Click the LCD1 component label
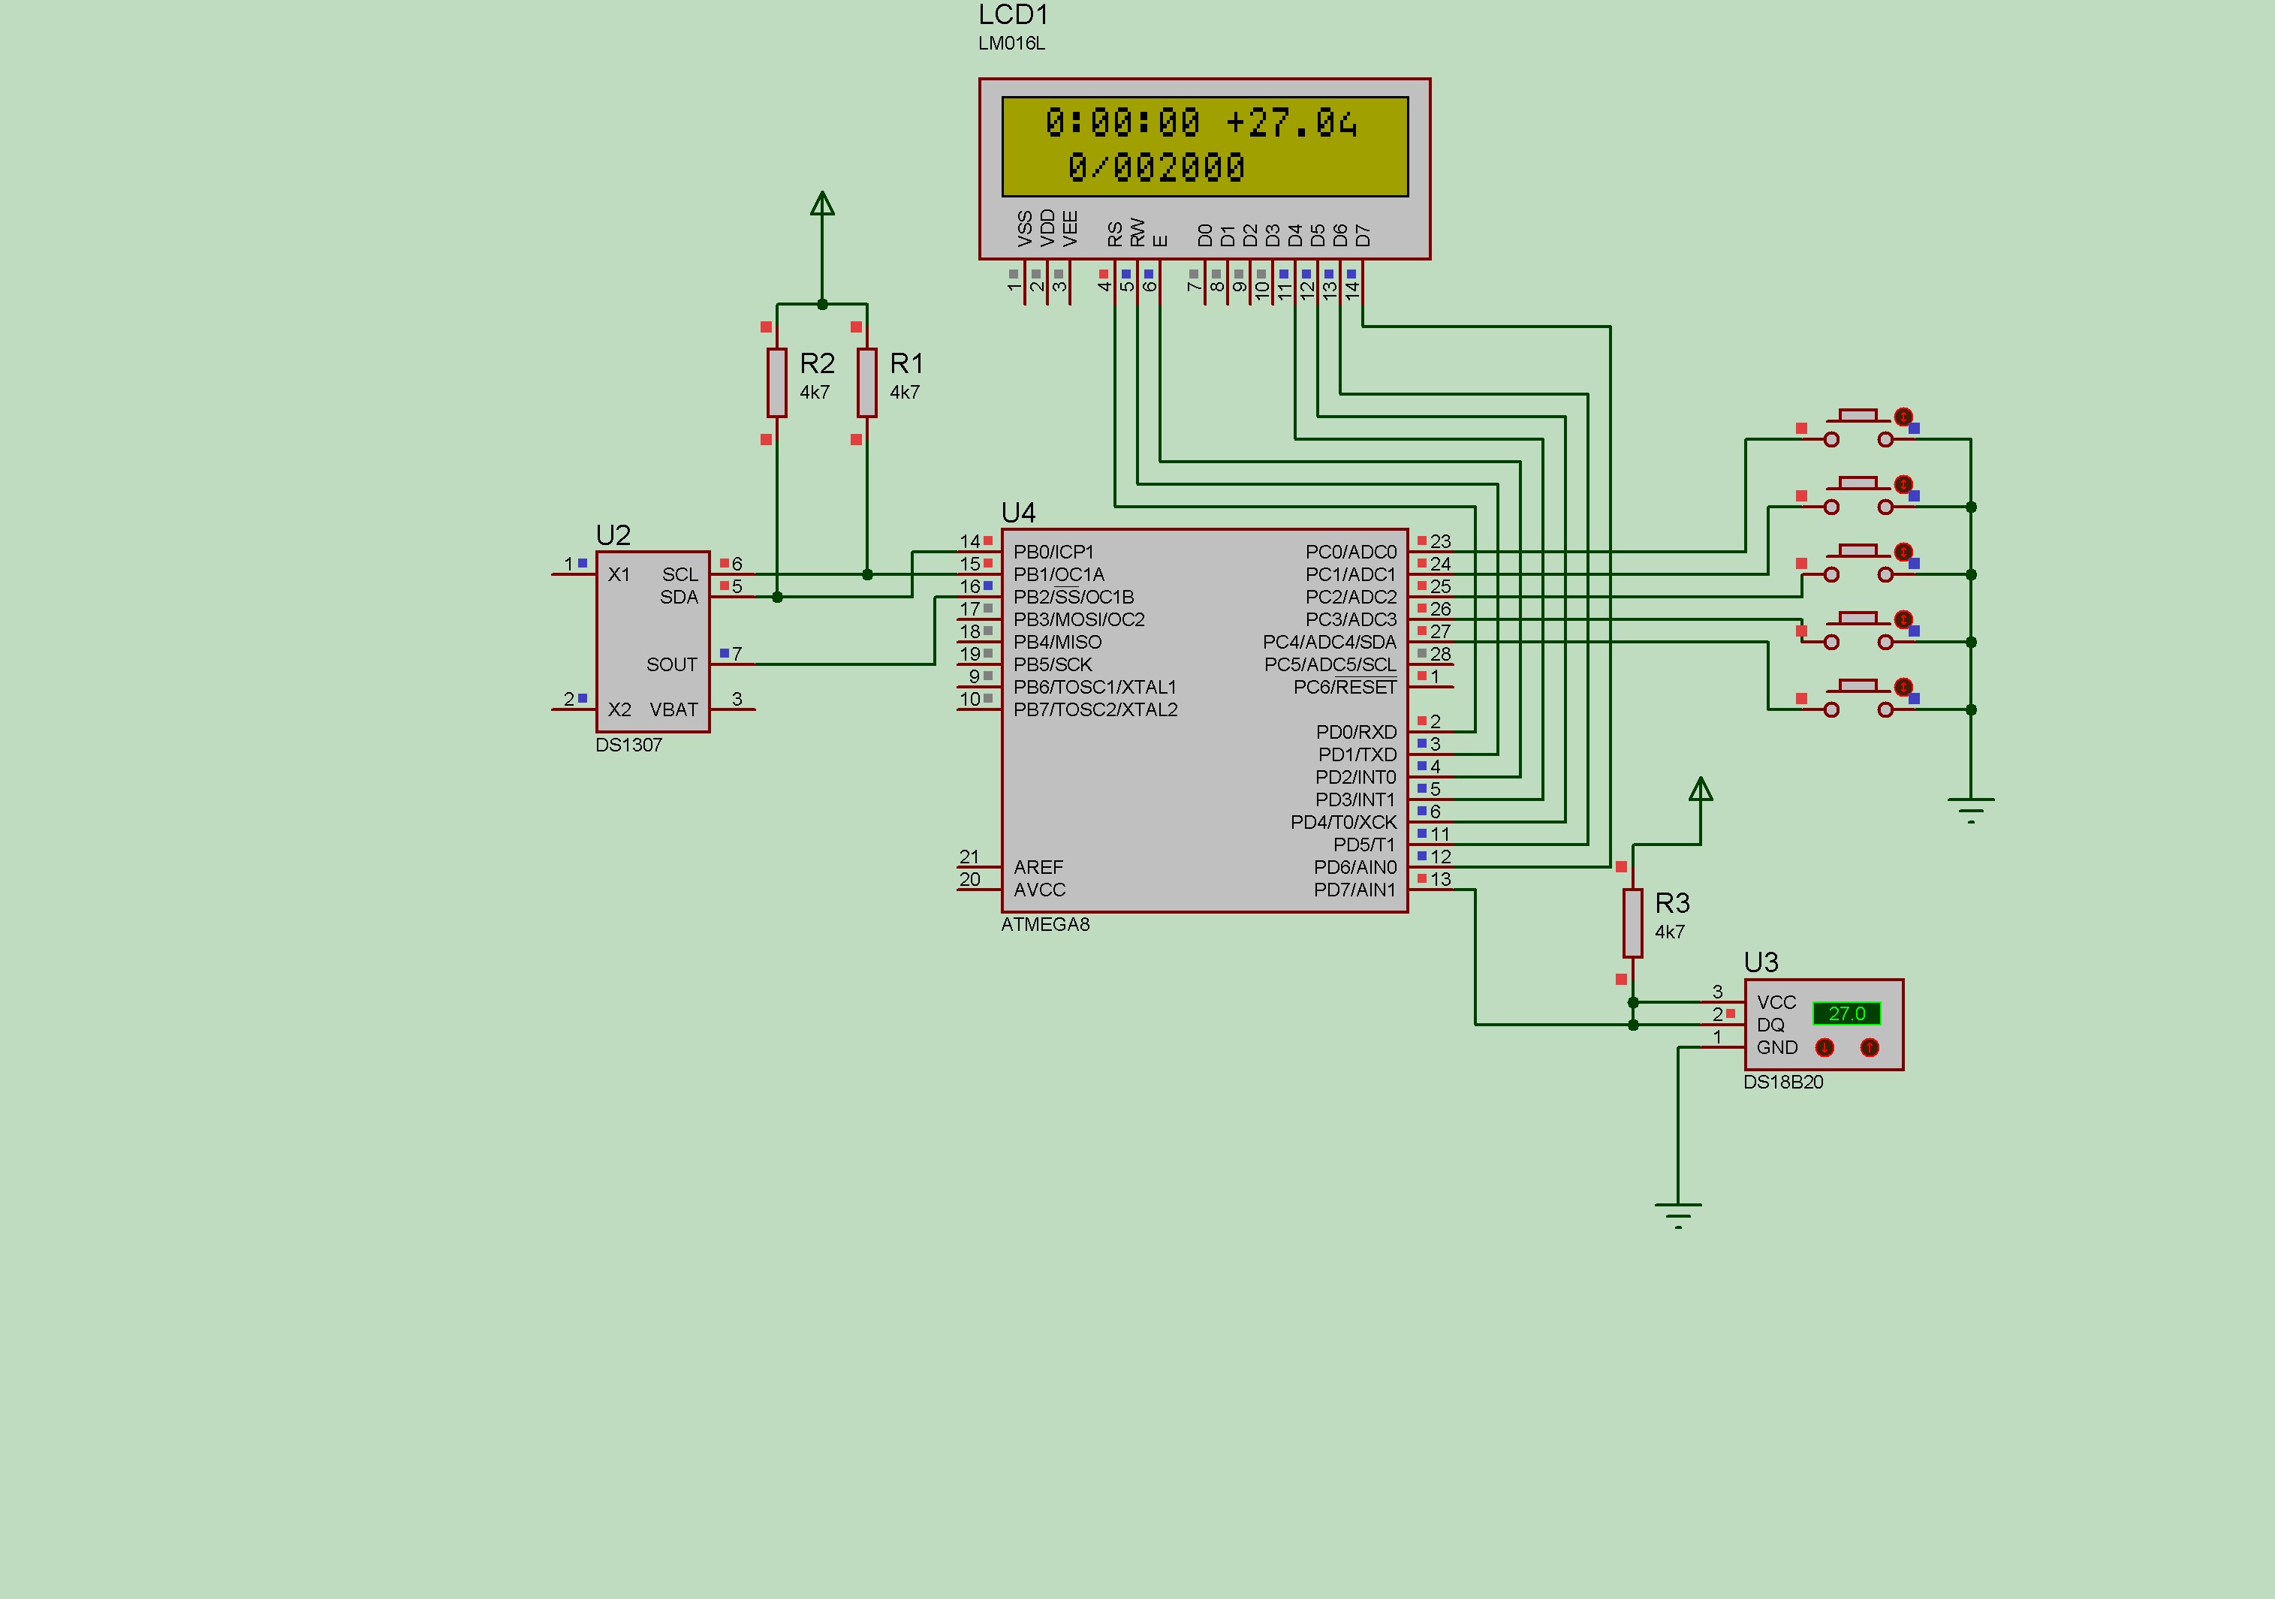coord(1013,15)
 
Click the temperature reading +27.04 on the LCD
coord(1291,123)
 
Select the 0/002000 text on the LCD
coord(1156,167)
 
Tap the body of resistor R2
coord(777,382)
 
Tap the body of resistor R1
coord(867,382)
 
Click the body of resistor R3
coord(1633,923)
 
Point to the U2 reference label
coord(613,536)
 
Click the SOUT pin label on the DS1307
coord(672,665)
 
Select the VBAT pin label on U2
coord(673,709)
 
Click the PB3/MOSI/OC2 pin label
coord(1079,619)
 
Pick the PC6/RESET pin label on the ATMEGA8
coord(1345,688)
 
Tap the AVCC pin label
coord(1039,890)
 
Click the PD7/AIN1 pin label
coord(1354,890)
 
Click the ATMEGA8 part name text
coord(1045,924)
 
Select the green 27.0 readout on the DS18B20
coord(1846,1013)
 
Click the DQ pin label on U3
coord(1770,1025)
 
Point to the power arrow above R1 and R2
coord(821,203)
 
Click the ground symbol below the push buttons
coord(1971,809)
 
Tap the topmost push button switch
coord(1858,427)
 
